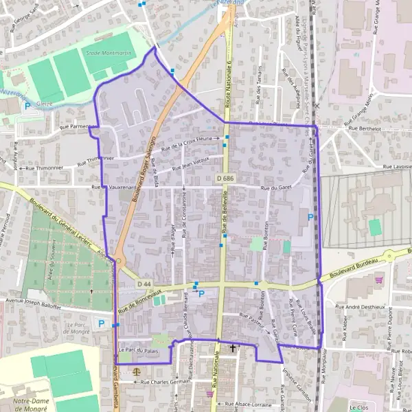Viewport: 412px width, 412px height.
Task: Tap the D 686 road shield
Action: (x=224, y=179)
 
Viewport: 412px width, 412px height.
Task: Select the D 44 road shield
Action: (x=144, y=284)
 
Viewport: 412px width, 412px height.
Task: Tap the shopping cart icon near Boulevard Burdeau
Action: (x=378, y=279)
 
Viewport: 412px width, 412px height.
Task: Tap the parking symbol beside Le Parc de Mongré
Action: (x=102, y=323)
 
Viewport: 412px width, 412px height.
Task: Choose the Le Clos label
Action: (x=358, y=407)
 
